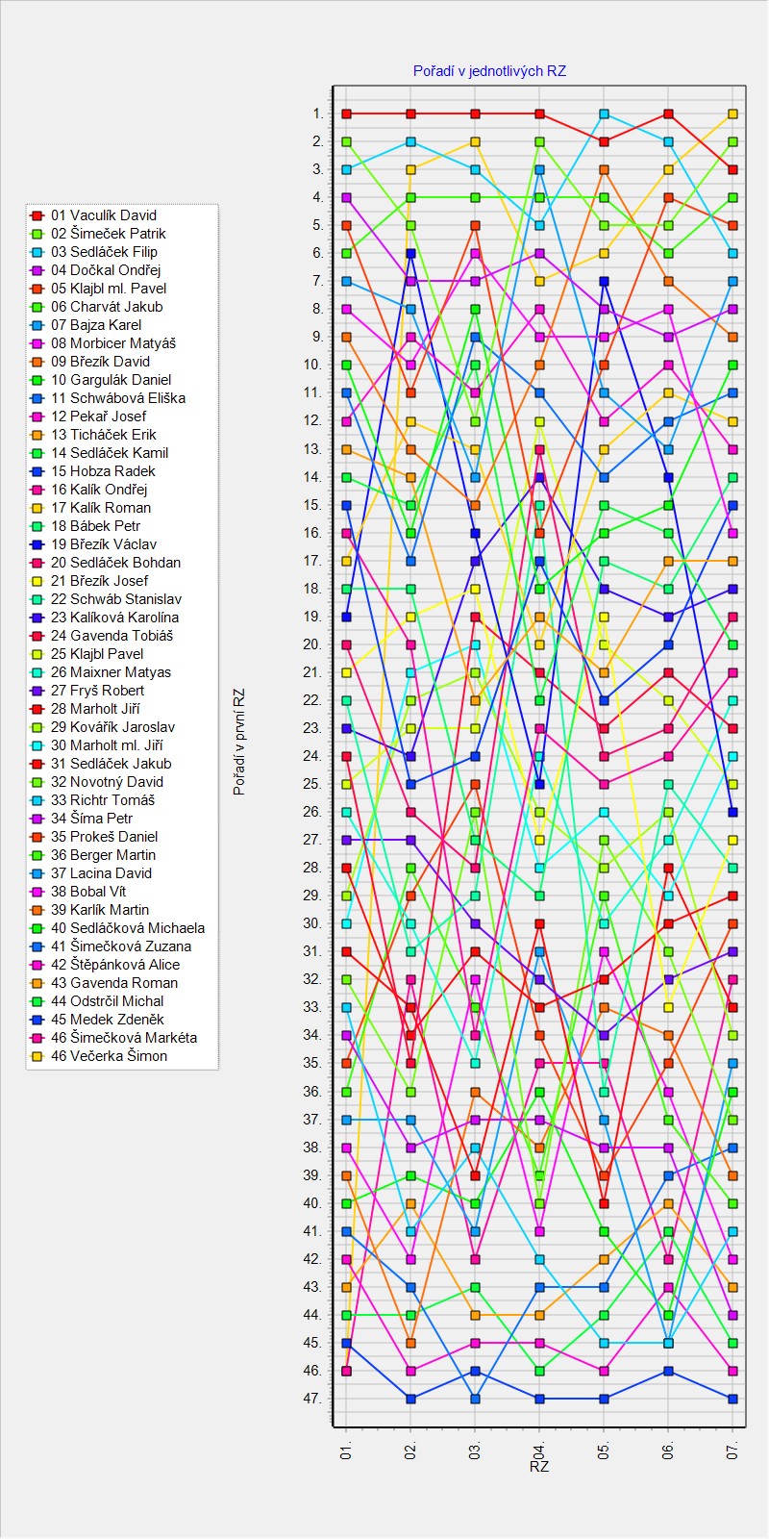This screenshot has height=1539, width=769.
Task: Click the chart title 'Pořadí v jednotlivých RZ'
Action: (x=489, y=71)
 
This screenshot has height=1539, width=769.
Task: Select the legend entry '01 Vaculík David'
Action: (x=103, y=215)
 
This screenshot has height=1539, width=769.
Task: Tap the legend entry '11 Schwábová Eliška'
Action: (x=117, y=398)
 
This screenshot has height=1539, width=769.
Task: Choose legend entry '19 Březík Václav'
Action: (x=103, y=544)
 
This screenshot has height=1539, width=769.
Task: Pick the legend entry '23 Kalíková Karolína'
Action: (x=114, y=618)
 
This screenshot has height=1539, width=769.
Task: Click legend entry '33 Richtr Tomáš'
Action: (x=102, y=800)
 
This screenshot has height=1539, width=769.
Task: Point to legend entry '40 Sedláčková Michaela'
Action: (x=127, y=928)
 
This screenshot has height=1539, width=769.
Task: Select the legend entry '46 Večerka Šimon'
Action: (x=109, y=1056)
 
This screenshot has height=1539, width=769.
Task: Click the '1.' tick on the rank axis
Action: (x=317, y=114)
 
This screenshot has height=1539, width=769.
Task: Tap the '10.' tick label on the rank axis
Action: (x=313, y=366)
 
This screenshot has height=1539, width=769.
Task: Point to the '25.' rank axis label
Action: (x=313, y=784)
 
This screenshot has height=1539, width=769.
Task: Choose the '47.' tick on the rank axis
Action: (x=313, y=1399)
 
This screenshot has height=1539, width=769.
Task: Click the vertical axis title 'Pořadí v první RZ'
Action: (x=239, y=742)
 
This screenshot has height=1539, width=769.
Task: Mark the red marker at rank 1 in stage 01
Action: (x=346, y=114)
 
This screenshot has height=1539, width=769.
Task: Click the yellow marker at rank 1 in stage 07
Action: (x=733, y=114)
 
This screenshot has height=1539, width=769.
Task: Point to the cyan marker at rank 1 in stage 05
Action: (x=605, y=114)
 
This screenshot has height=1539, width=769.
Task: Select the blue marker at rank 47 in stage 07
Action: (x=733, y=1399)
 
